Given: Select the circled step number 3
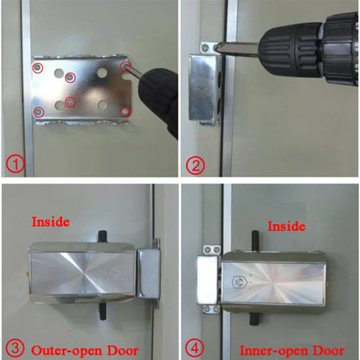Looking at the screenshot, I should pos(13,350).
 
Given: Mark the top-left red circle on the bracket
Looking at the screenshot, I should pos(37,67).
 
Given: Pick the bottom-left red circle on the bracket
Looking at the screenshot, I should pos(37,112).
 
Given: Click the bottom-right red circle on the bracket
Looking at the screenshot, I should pos(125,111).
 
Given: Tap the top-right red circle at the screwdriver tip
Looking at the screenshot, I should pos(125,65).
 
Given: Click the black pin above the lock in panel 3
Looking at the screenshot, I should pos(102,235).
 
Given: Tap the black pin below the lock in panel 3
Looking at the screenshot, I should pos(102,305).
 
